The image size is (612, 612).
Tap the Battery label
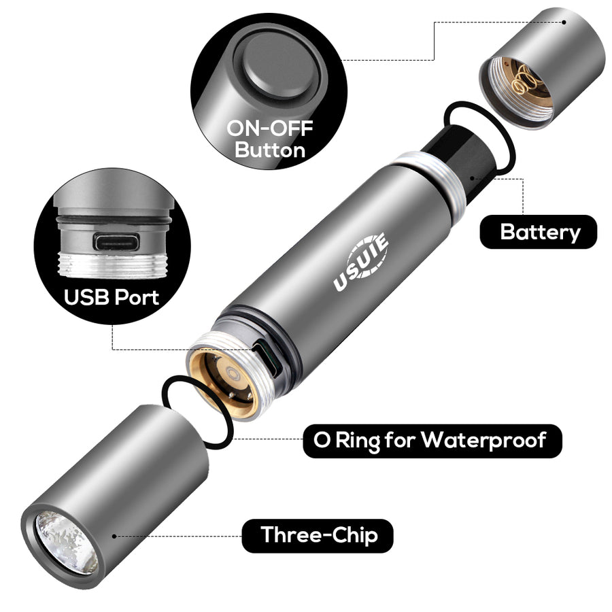pyautogui.click(x=541, y=232)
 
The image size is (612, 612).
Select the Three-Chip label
pyautogui.click(x=319, y=535)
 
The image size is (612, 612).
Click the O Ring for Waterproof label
pyautogui.click(x=432, y=440)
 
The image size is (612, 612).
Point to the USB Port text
pyautogui.click(x=112, y=296)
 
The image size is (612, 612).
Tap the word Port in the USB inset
pyautogui.click(x=136, y=296)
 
